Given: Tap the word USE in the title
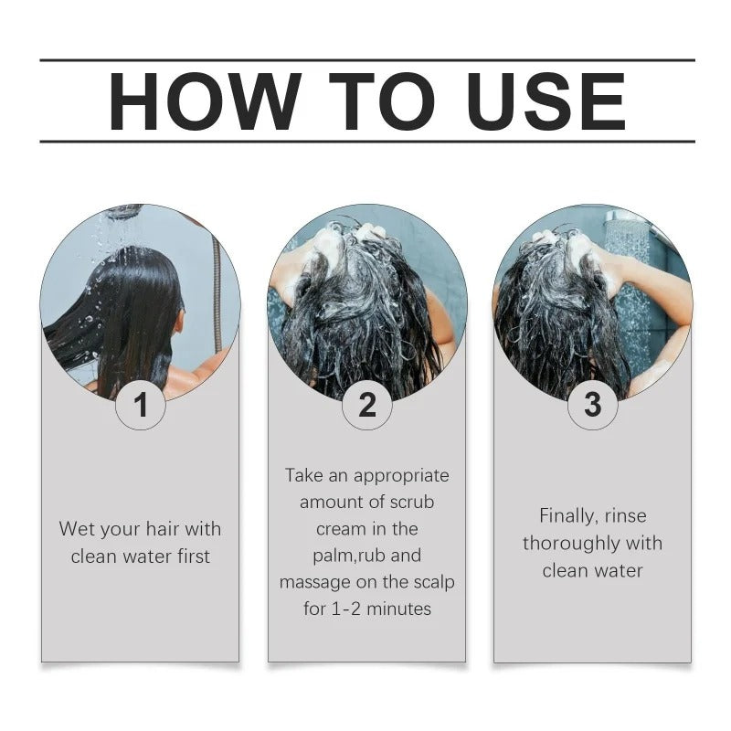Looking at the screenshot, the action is (x=546, y=101).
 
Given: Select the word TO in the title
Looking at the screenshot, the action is (x=381, y=101).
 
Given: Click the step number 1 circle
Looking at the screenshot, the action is (x=141, y=404).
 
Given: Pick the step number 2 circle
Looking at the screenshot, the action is (x=367, y=404).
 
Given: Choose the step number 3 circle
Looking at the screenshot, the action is (x=592, y=404).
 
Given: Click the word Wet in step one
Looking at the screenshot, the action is (x=76, y=529).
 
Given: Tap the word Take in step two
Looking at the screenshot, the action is (x=303, y=475).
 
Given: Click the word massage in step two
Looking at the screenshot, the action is (x=314, y=583).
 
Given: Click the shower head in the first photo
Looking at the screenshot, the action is (x=122, y=211).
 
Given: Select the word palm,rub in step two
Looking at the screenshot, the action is (x=344, y=556).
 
